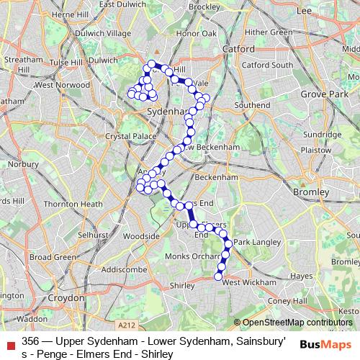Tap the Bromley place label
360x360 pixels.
[312, 192]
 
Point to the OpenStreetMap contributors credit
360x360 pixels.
[294, 322]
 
